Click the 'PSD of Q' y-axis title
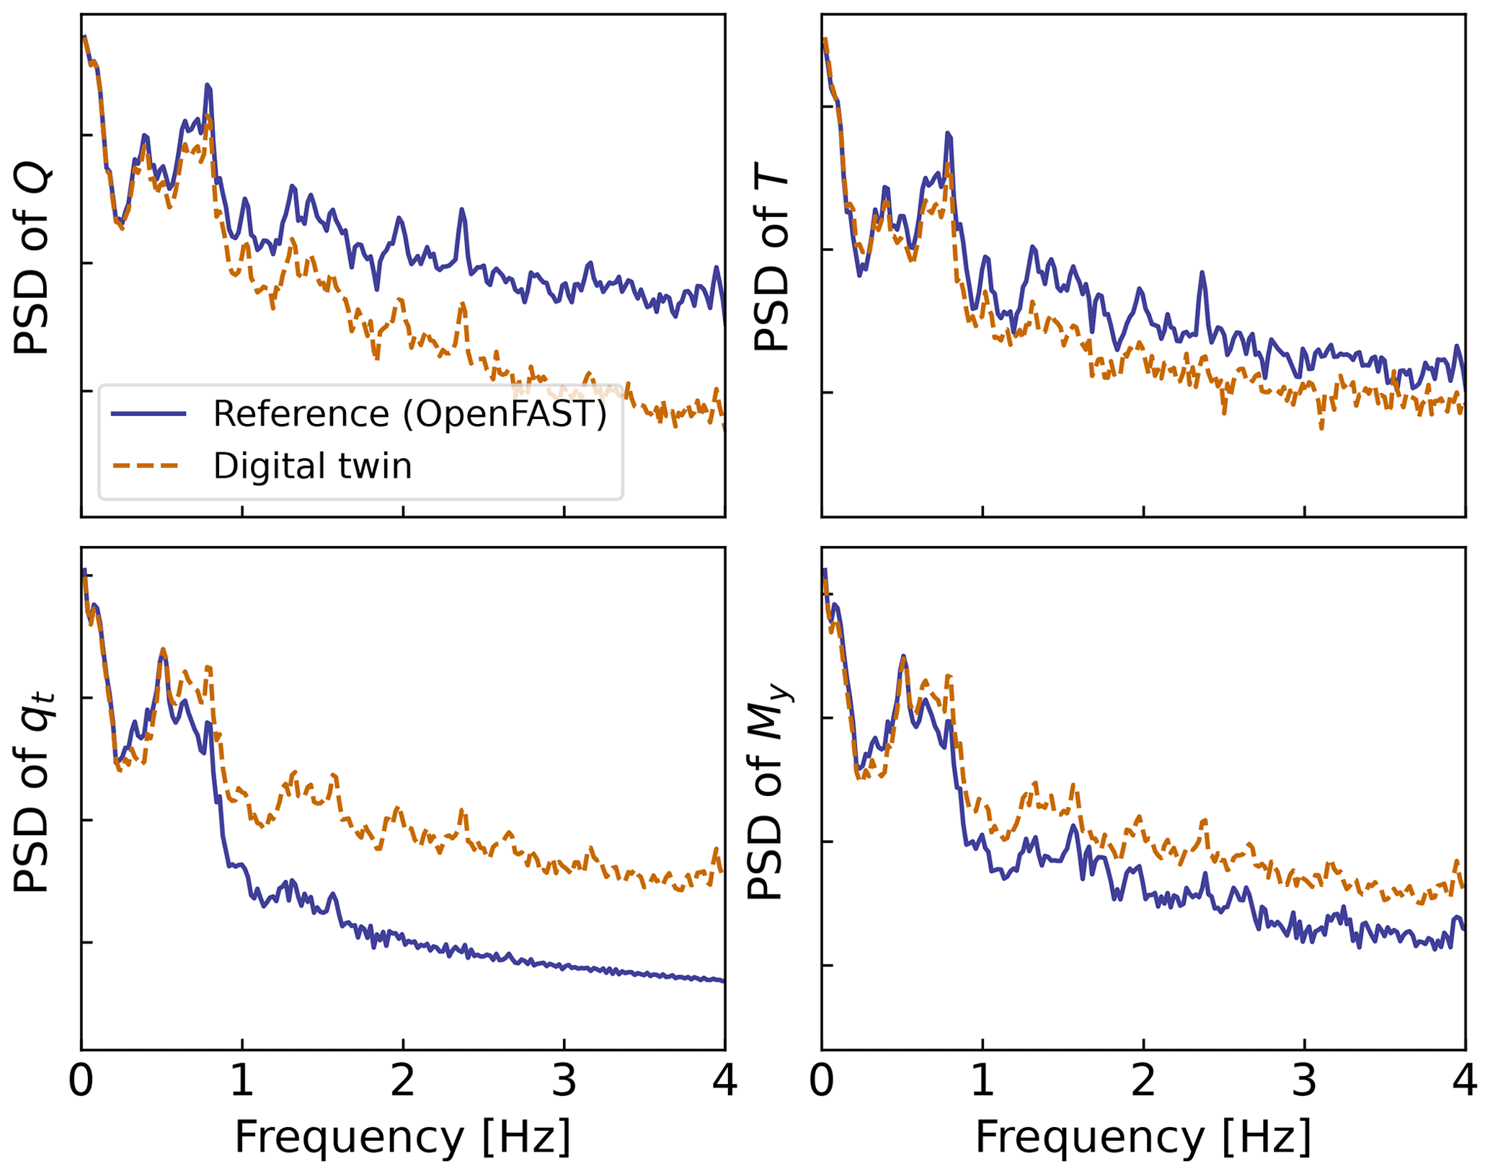(x=32, y=260)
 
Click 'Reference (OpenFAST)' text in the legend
(x=410, y=414)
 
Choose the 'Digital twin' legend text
(x=312, y=466)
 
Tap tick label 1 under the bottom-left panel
(x=242, y=1082)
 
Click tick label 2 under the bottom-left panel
(x=403, y=1082)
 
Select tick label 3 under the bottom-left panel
(x=564, y=1082)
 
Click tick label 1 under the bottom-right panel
(x=983, y=1082)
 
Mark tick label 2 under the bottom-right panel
(x=1143, y=1082)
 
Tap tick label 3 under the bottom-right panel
(x=1304, y=1082)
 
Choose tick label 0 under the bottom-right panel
(x=822, y=1082)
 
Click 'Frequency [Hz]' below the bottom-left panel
(x=403, y=1138)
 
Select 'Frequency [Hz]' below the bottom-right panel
(x=1143, y=1138)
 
